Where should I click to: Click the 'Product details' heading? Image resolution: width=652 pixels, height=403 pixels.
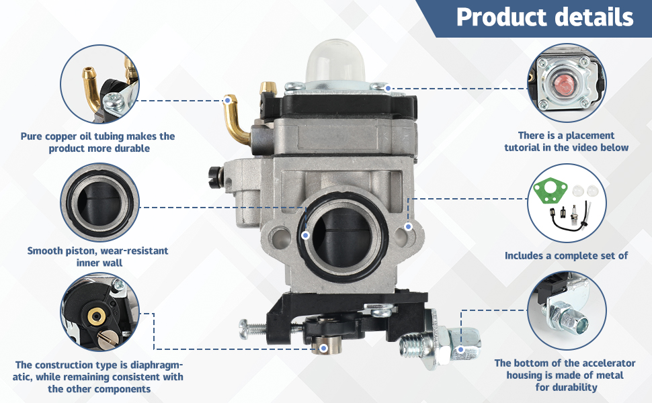click(544, 17)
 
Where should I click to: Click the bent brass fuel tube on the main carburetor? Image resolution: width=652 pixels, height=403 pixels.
click(236, 120)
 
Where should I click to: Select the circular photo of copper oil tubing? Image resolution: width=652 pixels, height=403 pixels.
click(99, 84)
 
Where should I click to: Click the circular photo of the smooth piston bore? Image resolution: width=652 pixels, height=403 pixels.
click(99, 202)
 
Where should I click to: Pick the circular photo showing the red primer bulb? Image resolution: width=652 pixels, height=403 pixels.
click(567, 83)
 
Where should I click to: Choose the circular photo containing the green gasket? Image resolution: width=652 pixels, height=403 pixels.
click(567, 203)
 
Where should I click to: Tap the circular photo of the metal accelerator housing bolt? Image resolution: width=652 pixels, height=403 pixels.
click(567, 311)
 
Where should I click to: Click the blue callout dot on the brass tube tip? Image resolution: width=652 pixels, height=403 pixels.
click(227, 101)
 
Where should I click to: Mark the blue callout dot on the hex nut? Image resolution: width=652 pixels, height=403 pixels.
click(460, 349)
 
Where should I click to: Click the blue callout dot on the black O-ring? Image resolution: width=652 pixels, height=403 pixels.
click(306, 235)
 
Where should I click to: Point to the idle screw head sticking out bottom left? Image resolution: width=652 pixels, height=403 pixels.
click(244, 329)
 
